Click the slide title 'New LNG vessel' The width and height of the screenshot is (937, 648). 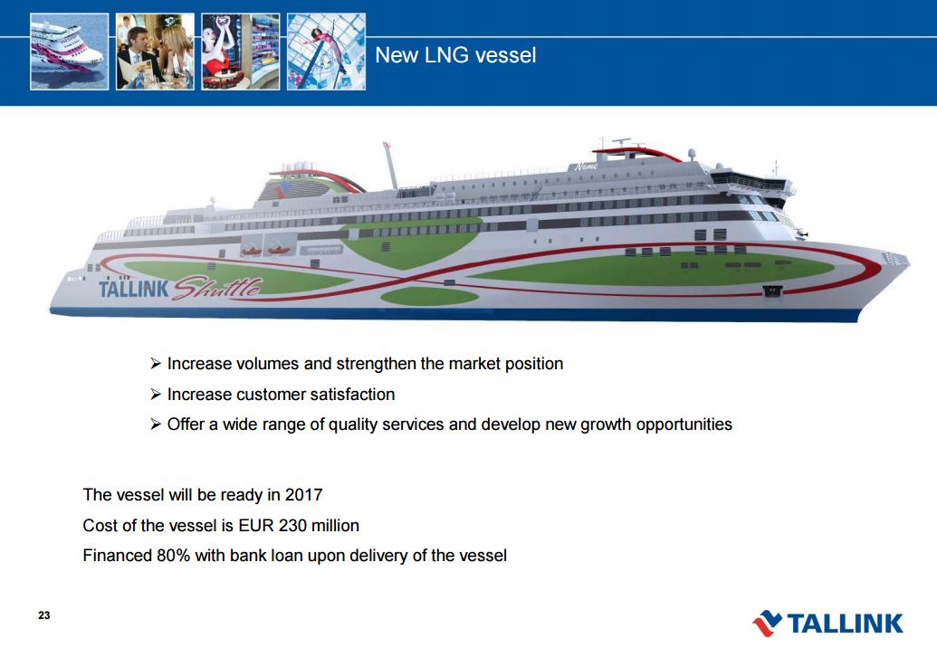[x=455, y=55]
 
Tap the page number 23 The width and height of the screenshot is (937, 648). [x=44, y=615]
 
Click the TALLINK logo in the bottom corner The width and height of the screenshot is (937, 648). [x=828, y=623]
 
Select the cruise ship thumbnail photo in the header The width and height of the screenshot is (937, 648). [x=70, y=52]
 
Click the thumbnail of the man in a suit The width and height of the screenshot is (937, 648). [x=155, y=52]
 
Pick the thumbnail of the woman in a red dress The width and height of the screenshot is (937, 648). [x=240, y=52]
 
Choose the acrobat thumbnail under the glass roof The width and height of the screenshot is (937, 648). [x=326, y=52]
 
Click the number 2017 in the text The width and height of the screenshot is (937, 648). [x=303, y=494]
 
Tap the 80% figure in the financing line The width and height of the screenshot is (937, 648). [x=173, y=556]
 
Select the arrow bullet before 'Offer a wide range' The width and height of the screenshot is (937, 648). [x=156, y=424]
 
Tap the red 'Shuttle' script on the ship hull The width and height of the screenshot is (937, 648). [x=217, y=288]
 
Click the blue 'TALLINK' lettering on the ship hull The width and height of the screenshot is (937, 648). [x=134, y=289]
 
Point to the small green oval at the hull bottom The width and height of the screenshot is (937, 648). [x=429, y=296]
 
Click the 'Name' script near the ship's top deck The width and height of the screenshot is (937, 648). [x=586, y=166]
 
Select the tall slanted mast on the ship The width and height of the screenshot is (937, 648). [x=390, y=166]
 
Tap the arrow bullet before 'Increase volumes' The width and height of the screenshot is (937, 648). [x=156, y=363]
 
